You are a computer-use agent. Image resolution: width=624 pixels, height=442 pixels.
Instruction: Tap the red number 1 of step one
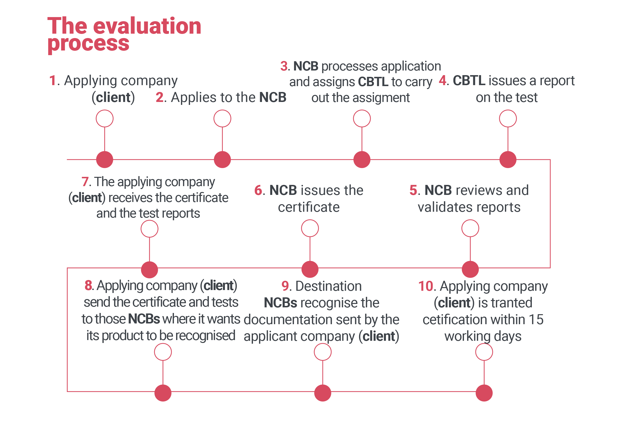[x=52, y=80]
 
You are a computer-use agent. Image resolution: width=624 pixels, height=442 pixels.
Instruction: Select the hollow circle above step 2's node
[x=222, y=118]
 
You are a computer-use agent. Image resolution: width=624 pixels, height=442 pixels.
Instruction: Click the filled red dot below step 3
[x=362, y=160]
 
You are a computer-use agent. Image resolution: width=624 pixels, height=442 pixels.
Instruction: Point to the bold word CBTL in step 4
[x=469, y=80]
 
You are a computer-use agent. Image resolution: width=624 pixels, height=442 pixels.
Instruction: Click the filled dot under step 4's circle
[x=508, y=160]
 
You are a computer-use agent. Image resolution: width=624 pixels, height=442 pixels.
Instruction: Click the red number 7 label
[x=85, y=182]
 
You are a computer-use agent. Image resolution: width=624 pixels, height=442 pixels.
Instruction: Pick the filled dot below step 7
[x=149, y=270]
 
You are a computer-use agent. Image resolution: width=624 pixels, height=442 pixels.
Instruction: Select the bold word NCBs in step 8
[x=144, y=319]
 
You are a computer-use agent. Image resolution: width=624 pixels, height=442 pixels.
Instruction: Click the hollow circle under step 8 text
[x=163, y=352]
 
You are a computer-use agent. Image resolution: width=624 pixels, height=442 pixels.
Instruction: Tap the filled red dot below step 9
[x=322, y=393]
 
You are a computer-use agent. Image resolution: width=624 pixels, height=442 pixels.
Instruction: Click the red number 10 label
[x=426, y=286]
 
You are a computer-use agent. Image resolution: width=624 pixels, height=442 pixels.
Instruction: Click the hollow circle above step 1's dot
[x=104, y=118]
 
